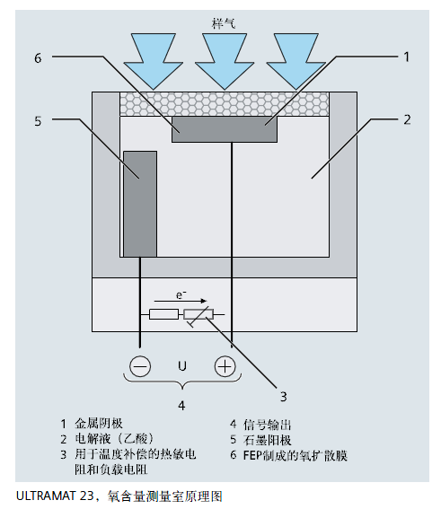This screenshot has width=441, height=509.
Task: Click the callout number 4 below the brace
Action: (181, 405)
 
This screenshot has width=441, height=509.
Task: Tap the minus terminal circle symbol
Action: (140, 366)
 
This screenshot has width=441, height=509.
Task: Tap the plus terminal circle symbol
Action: (224, 366)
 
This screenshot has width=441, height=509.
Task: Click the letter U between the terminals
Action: (182, 366)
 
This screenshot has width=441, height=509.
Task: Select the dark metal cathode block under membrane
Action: (225, 127)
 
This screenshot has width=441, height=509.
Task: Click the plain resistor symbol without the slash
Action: (163, 314)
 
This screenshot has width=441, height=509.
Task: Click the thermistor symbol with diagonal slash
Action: (198, 314)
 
